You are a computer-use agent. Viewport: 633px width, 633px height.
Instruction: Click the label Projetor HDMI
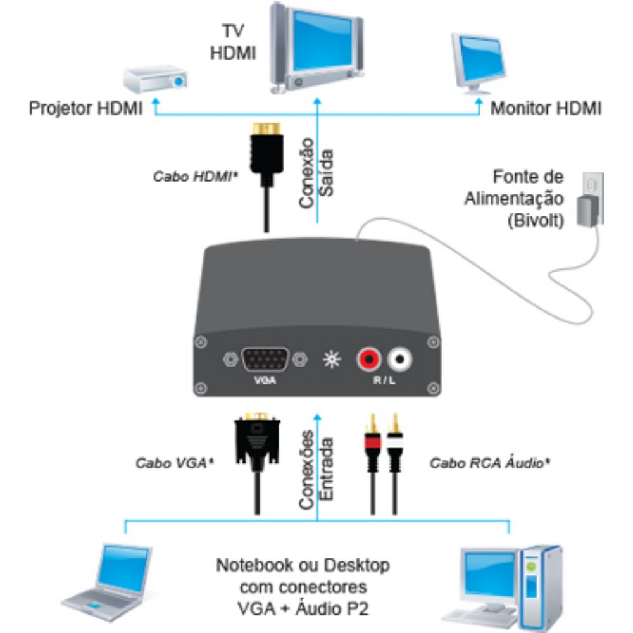click(x=86, y=109)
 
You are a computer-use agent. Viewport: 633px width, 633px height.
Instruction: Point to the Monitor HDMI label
click(x=546, y=108)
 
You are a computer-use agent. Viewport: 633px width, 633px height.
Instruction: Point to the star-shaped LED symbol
click(x=330, y=360)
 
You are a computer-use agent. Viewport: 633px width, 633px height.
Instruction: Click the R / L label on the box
click(x=384, y=382)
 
